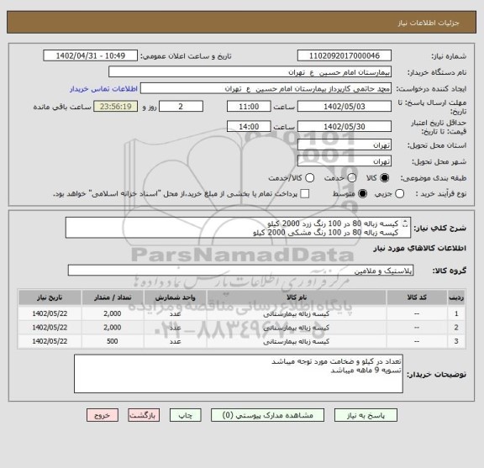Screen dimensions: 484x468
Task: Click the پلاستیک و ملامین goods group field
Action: [x=235, y=270]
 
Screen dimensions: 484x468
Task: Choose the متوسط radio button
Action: [x=362, y=193]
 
